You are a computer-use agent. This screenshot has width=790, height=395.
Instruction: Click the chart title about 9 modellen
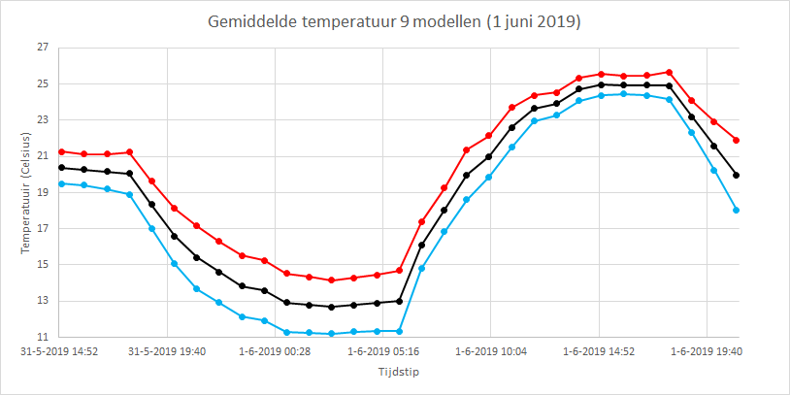pos(394,22)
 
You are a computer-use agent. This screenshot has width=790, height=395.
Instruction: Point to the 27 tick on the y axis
pos(42,48)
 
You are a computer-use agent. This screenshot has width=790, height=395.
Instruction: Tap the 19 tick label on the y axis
pos(42,192)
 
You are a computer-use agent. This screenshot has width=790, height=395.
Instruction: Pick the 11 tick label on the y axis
pos(42,337)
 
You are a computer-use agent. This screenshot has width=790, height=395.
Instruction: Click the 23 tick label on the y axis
pos(42,120)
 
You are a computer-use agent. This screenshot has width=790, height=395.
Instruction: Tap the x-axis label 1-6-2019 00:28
pos(275,351)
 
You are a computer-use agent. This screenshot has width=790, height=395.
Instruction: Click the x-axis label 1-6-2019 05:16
pos(382,351)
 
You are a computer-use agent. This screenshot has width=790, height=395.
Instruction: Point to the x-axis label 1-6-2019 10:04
pos(491,351)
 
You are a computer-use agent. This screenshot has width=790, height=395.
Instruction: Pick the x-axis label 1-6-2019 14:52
pos(599,351)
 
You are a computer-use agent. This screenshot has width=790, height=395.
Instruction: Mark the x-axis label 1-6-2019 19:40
pos(707,351)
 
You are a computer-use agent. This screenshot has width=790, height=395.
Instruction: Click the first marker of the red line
pos(61,151)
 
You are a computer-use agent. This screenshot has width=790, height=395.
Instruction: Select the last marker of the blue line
pos(736,210)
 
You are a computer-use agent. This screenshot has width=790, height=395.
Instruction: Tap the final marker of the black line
pos(736,176)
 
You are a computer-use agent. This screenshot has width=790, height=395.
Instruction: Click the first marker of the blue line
pos(61,183)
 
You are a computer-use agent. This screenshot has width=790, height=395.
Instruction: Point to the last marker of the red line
pos(736,140)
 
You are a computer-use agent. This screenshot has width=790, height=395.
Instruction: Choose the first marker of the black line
pos(61,167)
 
